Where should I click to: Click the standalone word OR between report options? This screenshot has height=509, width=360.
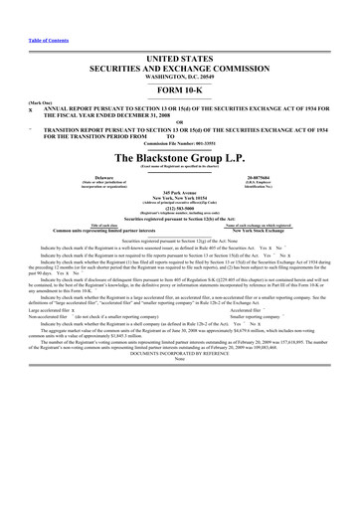click(180, 121)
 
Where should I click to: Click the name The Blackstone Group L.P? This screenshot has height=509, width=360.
click(181, 158)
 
